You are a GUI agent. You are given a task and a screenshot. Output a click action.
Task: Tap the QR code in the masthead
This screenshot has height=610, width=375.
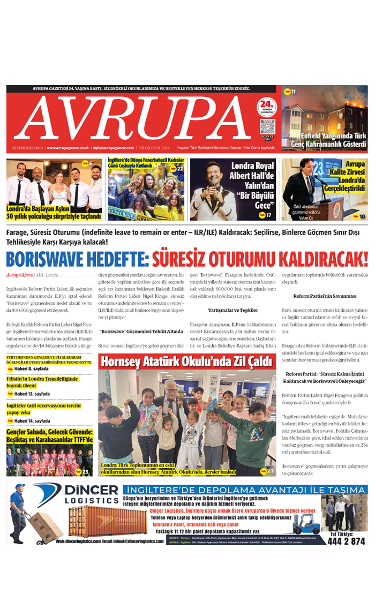(267, 127)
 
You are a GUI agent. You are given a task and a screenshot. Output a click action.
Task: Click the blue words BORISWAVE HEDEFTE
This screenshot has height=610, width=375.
(77, 260)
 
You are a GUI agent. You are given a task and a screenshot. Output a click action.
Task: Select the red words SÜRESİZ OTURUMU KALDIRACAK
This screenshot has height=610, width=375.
(260, 260)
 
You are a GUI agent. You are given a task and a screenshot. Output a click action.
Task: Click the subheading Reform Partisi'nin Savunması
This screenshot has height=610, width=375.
(325, 296)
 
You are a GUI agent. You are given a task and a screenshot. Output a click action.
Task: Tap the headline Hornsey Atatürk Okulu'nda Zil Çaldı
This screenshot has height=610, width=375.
(187, 362)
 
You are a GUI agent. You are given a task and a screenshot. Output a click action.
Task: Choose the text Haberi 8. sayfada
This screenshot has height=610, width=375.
(31, 369)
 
